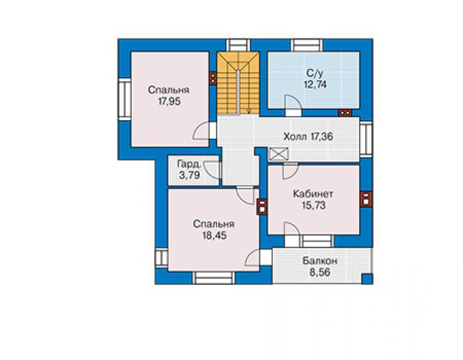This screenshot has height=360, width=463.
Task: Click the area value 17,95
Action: (169, 101)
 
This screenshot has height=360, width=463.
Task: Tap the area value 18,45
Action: (215, 235)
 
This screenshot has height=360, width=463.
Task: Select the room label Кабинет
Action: (313, 194)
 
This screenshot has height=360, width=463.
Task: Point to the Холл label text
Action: (295, 136)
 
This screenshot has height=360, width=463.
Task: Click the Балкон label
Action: (320, 261)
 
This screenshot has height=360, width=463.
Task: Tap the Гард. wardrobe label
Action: (190, 164)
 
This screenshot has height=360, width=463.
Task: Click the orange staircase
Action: (238, 83)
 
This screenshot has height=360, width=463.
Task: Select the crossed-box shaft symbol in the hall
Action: (278, 154)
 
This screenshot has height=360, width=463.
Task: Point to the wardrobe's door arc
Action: (212, 170)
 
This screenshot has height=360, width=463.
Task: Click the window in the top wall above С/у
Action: (307, 45)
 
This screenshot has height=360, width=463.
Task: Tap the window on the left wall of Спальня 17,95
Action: (125, 99)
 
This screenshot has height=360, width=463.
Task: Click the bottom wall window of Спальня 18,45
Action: (214, 278)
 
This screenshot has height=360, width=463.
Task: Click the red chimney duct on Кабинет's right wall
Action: (367, 198)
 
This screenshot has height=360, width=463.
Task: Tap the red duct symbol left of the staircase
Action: (213, 78)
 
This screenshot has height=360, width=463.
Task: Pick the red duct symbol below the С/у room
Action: (345, 113)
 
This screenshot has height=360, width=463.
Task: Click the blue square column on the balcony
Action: (367, 279)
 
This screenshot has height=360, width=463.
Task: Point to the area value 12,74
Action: (315, 85)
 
